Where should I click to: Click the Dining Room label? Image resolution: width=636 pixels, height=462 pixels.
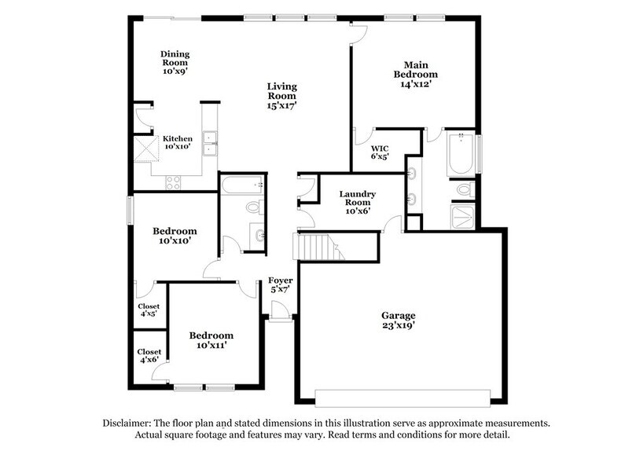(175, 62)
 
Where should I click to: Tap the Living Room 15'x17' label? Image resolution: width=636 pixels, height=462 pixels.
(281, 94)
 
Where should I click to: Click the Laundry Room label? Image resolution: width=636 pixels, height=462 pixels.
(358, 201)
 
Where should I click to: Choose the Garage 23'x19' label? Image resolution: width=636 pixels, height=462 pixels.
(399, 320)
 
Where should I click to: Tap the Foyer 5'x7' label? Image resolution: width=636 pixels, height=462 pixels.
(280, 284)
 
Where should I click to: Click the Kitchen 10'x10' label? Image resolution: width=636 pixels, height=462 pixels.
(178, 143)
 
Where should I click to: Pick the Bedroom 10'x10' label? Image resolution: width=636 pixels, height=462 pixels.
(175, 236)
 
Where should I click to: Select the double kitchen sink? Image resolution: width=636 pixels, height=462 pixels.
(210, 144)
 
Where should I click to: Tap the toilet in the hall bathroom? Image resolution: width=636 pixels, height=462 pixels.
(253, 207)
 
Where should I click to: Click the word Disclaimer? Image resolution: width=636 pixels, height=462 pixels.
(130, 423)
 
